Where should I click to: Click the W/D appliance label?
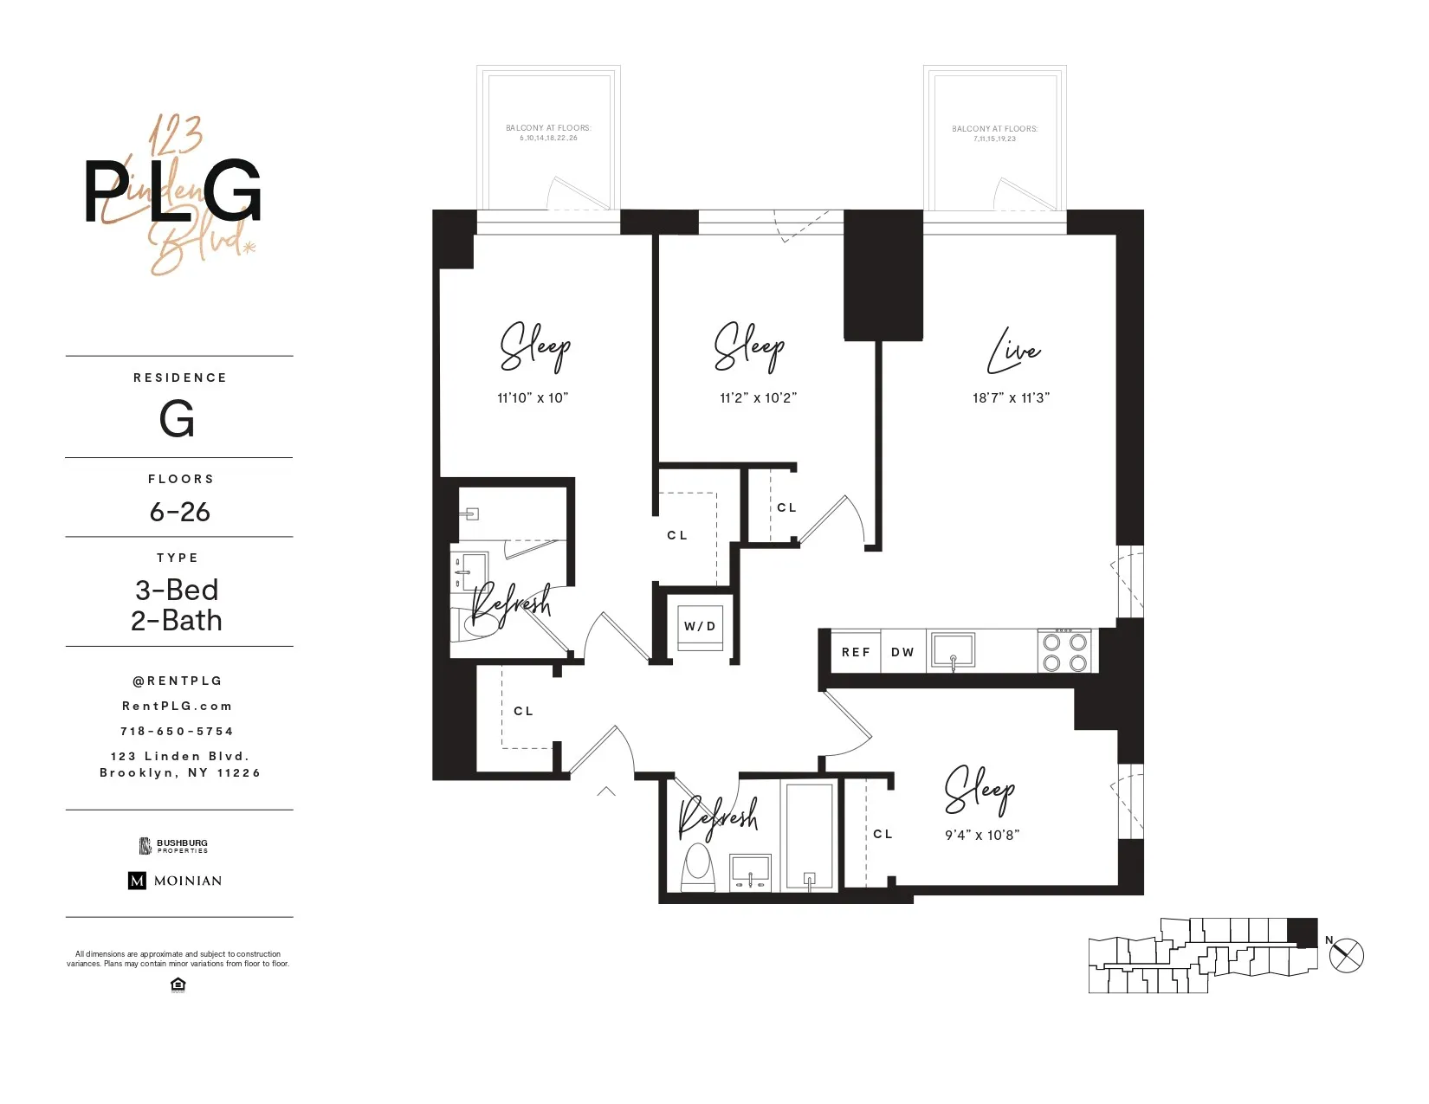(700, 626)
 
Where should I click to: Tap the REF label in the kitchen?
(856, 652)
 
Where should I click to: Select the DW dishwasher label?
(902, 652)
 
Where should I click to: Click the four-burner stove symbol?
(1065, 652)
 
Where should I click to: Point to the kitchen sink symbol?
(953, 650)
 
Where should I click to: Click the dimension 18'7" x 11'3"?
(1011, 398)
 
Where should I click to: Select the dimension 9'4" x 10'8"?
(982, 836)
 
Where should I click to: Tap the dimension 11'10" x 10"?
(533, 398)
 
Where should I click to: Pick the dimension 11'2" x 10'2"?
(758, 398)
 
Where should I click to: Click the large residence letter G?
(177, 420)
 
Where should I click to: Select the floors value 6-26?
(179, 512)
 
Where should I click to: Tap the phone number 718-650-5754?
(177, 732)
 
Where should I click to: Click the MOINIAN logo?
(175, 881)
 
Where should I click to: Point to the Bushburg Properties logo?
(174, 845)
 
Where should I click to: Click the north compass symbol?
(1346, 956)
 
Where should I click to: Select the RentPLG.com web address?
(177, 707)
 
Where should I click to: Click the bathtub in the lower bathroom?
(810, 836)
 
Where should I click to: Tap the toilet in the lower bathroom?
(697, 866)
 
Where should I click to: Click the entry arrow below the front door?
(606, 791)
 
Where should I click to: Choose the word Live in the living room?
(1013, 351)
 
